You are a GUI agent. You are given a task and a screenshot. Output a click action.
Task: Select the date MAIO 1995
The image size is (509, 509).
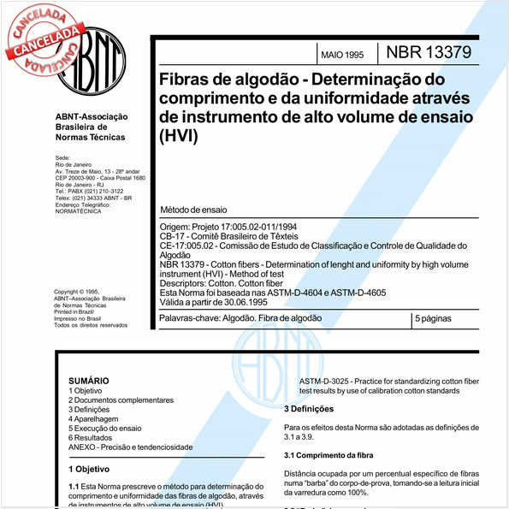[x=342, y=54]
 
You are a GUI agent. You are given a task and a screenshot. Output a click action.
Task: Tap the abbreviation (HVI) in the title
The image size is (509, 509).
[x=178, y=135]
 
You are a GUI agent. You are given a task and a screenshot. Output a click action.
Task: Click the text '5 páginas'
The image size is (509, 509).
[x=435, y=317]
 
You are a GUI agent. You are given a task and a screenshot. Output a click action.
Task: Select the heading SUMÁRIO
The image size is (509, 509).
[x=88, y=380]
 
